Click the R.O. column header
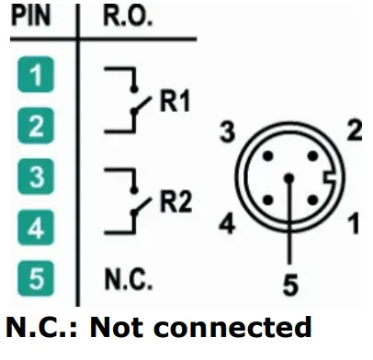coord(121,17)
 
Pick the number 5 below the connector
coord(289,287)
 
